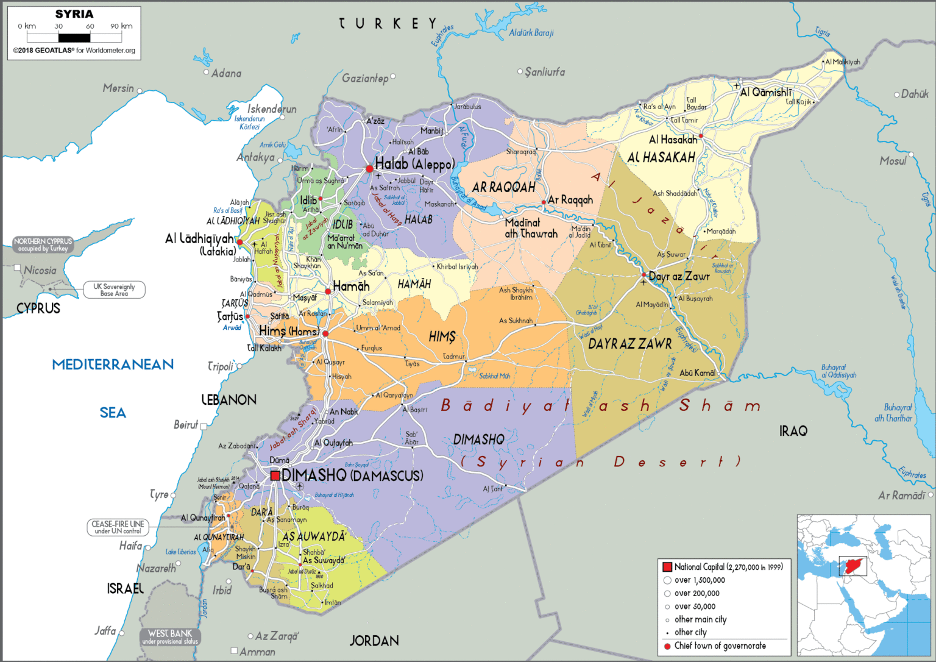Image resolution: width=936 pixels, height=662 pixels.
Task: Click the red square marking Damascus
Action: point(275,475)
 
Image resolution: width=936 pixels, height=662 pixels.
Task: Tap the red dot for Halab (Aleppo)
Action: point(369,169)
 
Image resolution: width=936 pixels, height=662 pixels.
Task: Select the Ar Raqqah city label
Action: point(570,200)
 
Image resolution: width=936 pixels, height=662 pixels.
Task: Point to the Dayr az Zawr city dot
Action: point(643,276)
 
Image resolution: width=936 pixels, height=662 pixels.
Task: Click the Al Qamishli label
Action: point(766,93)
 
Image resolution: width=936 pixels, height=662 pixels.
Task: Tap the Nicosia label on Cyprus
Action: point(40,270)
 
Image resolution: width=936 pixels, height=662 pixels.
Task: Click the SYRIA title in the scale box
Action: point(74,14)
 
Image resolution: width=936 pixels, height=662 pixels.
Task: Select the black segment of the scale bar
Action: point(74,38)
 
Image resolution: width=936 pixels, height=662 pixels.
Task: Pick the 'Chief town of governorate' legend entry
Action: point(720,646)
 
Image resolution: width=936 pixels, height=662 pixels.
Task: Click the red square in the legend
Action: point(667,567)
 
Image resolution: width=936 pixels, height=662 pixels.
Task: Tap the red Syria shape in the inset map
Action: point(853,566)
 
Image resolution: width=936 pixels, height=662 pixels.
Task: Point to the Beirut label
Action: point(186,425)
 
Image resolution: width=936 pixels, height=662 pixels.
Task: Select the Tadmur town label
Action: point(453,357)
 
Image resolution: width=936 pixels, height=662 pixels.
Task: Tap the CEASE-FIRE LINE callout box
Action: point(118,527)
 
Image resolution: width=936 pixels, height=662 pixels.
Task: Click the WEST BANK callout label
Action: point(170,636)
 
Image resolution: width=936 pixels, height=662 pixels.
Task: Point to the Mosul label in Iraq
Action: point(893,161)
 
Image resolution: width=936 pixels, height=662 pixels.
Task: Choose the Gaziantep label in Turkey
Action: point(365,78)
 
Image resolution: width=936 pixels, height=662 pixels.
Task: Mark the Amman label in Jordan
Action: point(257,652)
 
